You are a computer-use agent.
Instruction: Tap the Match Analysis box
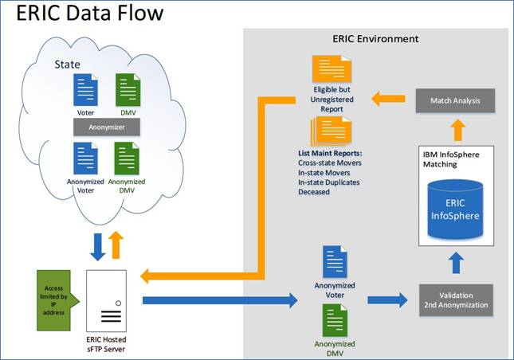[454, 101]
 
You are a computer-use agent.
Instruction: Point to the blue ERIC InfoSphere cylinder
[453, 209]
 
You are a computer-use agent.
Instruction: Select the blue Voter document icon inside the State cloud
[85, 89]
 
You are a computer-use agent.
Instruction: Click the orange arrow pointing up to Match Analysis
[453, 127]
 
